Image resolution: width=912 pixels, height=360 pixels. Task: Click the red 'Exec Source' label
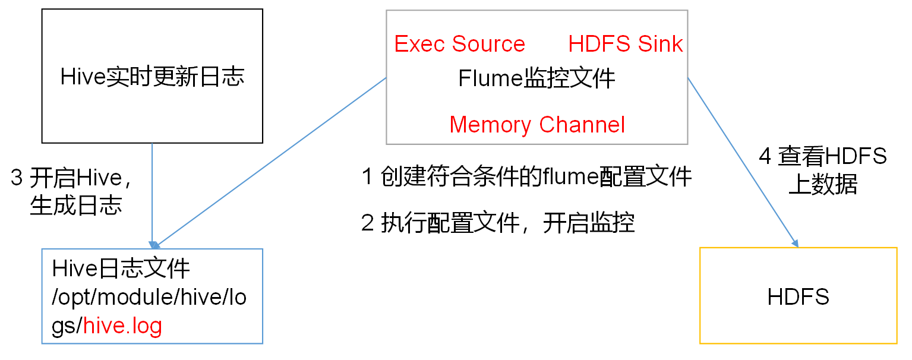(459, 44)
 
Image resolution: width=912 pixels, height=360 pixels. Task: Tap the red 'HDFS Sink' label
(626, 44)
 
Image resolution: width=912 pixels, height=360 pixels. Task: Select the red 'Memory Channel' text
(537, 125)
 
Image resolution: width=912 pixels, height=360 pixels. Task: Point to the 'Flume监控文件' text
(537, 78)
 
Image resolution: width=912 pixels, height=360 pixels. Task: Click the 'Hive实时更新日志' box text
(153, 77)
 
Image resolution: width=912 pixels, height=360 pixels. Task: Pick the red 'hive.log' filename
(123, 326)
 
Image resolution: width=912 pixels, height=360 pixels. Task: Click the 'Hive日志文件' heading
(121, 269)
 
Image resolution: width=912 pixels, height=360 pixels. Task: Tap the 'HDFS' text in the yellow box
(798, 296)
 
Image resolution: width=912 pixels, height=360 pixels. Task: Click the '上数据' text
(823, 185)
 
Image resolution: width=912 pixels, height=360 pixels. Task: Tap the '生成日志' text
(76, 206)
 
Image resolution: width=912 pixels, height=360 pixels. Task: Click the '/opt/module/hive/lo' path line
(149, 298)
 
